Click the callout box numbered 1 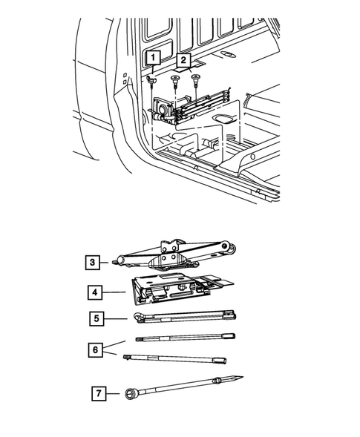coord(153,58)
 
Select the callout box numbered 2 coord(183,60)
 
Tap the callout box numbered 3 coord(92,262)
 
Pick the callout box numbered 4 coord(95,292)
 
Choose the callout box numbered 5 coord(96,318)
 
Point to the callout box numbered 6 coord(95,349)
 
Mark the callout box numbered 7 coord(99,393)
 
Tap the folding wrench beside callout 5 coord(185,317)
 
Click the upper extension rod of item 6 coord(186,338)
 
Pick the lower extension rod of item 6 coord(174,358)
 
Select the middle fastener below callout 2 coord(175,80)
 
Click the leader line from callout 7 coord(113,393)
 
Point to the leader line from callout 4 coord(114,292)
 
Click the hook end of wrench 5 coord(138,315)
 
